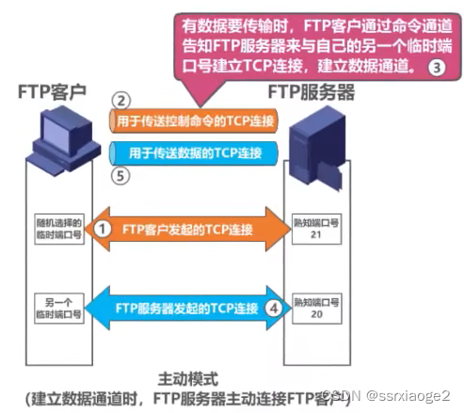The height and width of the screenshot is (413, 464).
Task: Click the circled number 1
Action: click(105, 229)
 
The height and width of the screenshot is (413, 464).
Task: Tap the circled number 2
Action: click(120, 100)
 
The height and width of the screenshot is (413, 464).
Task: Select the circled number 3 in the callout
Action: click(435, 67)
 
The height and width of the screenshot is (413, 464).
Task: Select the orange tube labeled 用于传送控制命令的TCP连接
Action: click(193, 120)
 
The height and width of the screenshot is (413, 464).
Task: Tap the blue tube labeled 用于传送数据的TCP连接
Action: click(193, 151)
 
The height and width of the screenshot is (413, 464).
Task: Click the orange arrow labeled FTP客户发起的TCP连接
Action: click(188, 229)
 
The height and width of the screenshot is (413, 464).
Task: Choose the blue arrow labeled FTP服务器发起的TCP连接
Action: click(188, 307)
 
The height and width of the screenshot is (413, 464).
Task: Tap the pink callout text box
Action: click(311, 41)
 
